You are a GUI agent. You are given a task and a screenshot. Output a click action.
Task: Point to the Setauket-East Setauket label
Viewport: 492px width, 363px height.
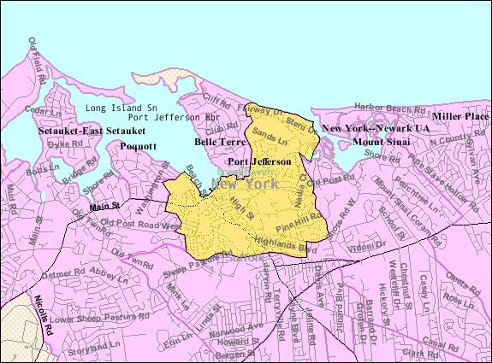click(x=92, y=131)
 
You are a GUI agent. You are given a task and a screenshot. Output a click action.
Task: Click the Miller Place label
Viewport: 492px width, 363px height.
click(x=459, y=115)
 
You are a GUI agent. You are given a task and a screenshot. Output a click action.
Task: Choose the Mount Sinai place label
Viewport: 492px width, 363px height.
click(x=382, y=140)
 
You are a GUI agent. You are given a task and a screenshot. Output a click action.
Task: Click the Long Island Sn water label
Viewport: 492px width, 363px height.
click(x=122, y=108)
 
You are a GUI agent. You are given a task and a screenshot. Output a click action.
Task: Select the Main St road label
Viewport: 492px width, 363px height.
click(x=103, y=205)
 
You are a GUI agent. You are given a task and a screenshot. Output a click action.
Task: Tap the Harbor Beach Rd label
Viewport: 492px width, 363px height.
click(x=389, y=109)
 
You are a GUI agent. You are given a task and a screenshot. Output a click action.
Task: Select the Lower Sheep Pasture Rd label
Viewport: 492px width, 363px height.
click(x=89, y=320)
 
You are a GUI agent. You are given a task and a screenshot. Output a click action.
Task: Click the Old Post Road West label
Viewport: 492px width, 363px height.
click(x=140, y=225)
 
